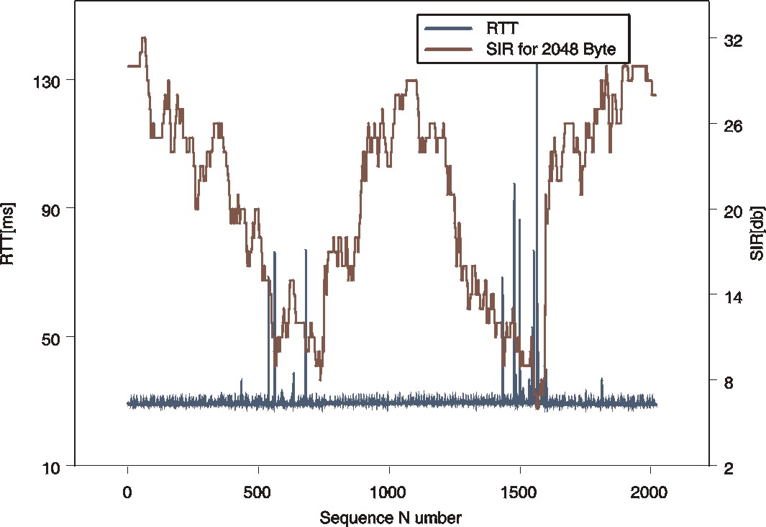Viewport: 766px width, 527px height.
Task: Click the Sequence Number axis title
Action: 391,517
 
